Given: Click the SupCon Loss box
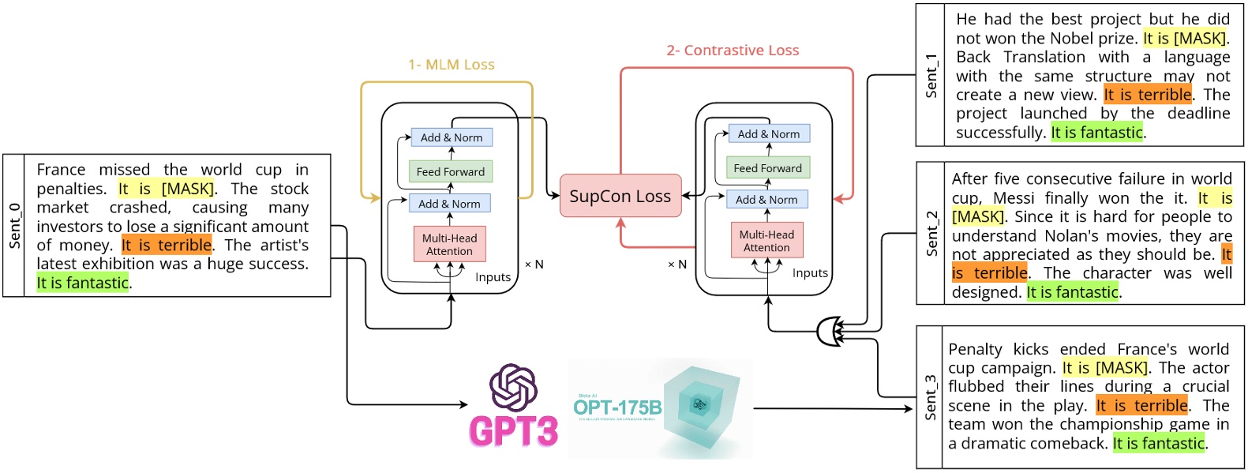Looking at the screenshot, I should coord(620,196).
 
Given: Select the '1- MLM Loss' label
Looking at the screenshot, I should coord(451,65).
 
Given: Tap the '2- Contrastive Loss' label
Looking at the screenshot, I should coord(732,51).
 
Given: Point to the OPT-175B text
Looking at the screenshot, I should coord(617,407).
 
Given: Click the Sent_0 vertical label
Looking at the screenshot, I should coord(14,226).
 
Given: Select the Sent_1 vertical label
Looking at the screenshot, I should coord(931,76).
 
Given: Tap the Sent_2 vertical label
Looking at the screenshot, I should coord(931,234).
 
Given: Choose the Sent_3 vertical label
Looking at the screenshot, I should coord(931,397).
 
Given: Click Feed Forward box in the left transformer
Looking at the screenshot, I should coord(450,171).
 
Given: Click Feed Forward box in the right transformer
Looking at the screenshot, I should coord(767,168).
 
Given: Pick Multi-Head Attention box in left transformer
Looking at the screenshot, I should coord(449,244).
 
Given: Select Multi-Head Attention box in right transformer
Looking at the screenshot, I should coord(766,241).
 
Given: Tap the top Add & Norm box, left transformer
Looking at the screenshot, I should coord(452,137).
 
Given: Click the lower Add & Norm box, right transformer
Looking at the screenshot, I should coord(766,200).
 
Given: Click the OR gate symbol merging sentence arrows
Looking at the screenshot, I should coord(828,332).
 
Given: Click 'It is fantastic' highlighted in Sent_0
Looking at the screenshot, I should coord(83,283).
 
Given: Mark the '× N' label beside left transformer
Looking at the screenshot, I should coord(534,265).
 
